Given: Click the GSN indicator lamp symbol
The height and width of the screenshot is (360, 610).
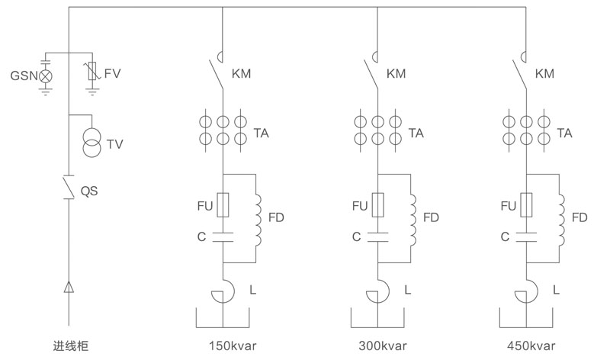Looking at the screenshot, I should (45, 76).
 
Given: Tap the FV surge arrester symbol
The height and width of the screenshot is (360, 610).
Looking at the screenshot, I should (92, 73).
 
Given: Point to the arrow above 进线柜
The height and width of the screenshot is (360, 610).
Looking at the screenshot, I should (69, 288).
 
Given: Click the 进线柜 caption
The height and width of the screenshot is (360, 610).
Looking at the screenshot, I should (67, 344).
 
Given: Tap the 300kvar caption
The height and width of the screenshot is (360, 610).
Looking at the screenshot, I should (380, 344).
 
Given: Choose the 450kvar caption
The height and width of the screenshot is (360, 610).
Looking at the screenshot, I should (531, 344).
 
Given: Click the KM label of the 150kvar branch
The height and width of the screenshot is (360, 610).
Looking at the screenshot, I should (243, 74).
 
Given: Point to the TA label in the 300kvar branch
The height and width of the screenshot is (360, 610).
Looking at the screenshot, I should (416, 133).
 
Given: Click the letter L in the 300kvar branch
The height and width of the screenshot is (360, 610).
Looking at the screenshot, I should (407, 290).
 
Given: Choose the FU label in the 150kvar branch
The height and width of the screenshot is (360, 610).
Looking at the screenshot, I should (204, 206).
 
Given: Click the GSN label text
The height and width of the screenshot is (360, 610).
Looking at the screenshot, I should (22, 76).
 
